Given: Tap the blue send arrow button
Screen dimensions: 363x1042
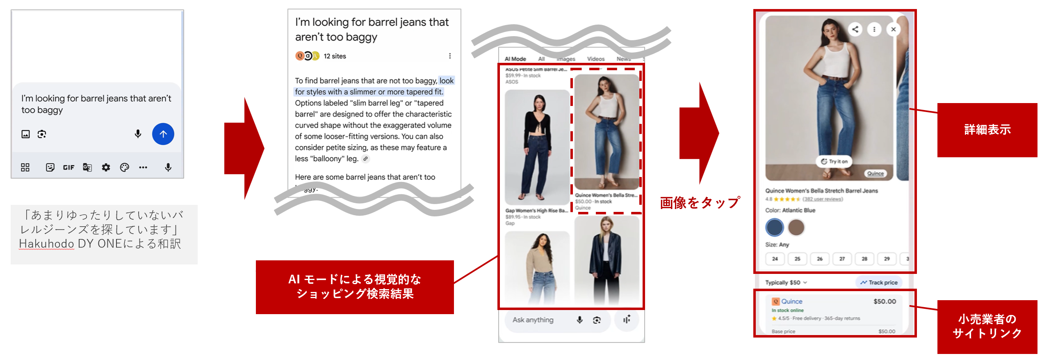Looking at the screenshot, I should [x=163, y=134].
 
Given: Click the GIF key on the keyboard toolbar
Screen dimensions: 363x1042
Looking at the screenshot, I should [x=68, y=168].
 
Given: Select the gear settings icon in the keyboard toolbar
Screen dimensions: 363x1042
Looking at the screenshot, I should [x=106, y=168].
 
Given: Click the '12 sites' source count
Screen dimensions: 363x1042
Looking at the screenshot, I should [x=335, y=56].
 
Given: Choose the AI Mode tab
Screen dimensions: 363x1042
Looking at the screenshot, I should [x=515, y=59].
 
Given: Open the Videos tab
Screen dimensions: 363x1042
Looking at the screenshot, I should [x=595, y=59].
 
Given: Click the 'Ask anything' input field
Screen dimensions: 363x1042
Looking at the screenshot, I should [x=533, y=320].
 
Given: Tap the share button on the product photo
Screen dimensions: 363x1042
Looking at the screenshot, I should [x=855, y=30].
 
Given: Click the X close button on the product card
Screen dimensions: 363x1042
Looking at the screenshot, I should [x=893, y=30].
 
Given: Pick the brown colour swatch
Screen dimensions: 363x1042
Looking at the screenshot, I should [x=796, y=227].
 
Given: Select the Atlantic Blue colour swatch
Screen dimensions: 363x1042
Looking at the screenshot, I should [x=775, y=227].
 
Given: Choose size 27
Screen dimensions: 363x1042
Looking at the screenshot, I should [x=842, y=259].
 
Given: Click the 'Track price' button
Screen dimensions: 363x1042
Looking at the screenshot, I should [x=879, y=283].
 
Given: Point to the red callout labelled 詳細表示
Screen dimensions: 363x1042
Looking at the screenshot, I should [x=987, y=130].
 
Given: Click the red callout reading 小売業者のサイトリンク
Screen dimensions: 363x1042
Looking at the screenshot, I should [x=987, y=326].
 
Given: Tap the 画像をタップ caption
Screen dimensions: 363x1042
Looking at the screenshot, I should [x=700, y=203].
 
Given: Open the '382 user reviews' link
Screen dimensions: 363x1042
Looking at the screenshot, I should [x=822, y=199].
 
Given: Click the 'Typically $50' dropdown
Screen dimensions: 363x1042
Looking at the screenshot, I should [x=786, y=283].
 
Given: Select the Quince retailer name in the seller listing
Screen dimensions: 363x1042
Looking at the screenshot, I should [x=791, y=301].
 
